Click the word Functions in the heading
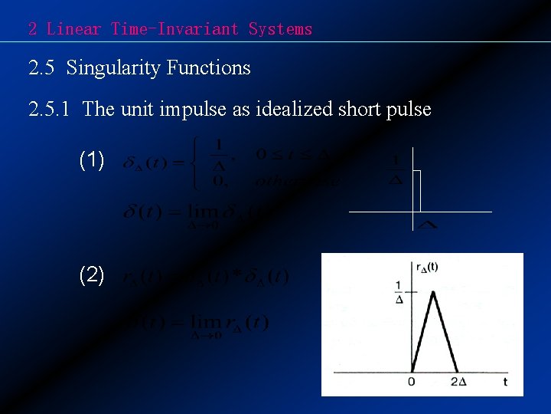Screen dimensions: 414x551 pos(206,68)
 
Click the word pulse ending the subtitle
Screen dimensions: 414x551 pos(409,110)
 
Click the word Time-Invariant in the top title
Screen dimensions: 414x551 pos(175,29)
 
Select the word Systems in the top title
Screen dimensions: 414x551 pos(280,29)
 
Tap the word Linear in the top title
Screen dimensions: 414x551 pos(73,29)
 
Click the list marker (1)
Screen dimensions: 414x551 pos(92,160)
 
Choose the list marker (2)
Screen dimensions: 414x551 pos(92,274)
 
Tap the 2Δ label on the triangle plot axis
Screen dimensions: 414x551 pos(458,381)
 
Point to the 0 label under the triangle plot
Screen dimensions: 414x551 pos(411,381)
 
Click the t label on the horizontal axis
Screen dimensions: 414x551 pos(505,381)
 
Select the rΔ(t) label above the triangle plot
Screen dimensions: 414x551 pos(426,268)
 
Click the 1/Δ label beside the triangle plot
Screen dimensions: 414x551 pos(399,292)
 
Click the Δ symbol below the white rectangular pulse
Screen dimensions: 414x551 pos(428,225)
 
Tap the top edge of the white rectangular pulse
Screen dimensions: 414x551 pos(418,170)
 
